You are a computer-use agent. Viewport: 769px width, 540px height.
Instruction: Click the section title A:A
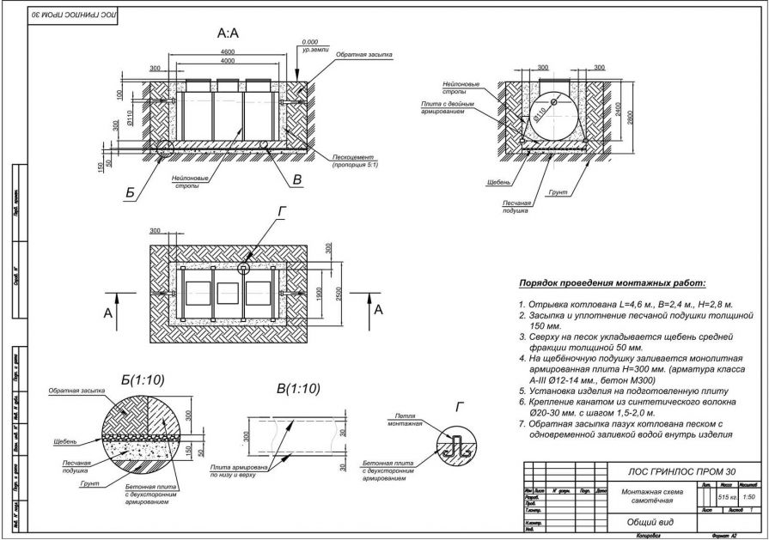click(228, 33)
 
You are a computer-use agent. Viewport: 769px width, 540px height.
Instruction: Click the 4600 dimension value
click(228, 52)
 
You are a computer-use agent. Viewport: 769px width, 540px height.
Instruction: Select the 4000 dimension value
click(228, 62)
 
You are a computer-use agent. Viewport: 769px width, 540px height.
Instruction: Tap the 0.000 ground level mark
click(310, 41)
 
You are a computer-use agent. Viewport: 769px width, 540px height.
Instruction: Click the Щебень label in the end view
click(498, 182)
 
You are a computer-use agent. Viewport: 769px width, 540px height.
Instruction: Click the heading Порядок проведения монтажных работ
click(612, 283)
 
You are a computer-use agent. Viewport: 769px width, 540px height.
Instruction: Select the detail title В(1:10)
click(297, 388)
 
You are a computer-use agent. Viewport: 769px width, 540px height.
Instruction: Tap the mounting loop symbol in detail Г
click(458, 445)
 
